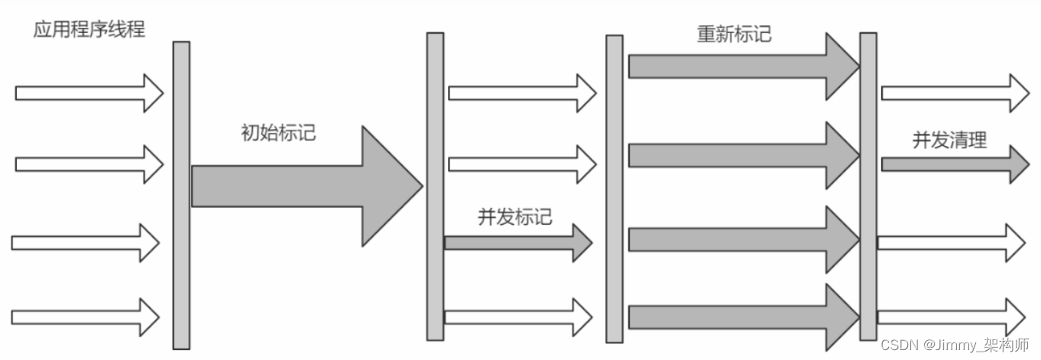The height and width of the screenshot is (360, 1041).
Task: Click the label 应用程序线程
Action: pos(89,30)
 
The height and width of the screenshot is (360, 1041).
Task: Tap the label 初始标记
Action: pos(278,133)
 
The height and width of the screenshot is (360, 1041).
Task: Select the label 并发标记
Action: pos(514,217)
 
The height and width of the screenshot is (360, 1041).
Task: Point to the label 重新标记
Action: pos(734,34)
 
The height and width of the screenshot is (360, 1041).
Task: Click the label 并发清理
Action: pos(949,140)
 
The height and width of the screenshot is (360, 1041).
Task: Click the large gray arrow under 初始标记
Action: pos(306,186)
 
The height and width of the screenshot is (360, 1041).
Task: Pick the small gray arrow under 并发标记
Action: pos(518,243)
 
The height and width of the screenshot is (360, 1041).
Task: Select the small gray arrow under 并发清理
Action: pos(955,164)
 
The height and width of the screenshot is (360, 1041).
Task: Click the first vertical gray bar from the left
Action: pos(181,195)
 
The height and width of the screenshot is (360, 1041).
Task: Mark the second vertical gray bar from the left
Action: pos(435,186)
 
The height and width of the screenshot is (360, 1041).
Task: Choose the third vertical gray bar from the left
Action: pos(615,189)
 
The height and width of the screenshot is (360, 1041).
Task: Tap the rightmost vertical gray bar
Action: pos(867,186)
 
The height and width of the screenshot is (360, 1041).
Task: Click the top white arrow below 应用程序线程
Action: pos(89,93)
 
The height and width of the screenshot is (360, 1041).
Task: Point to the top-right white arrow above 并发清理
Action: pos(955,93)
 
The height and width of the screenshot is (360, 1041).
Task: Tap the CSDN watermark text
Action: pos(955,345)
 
